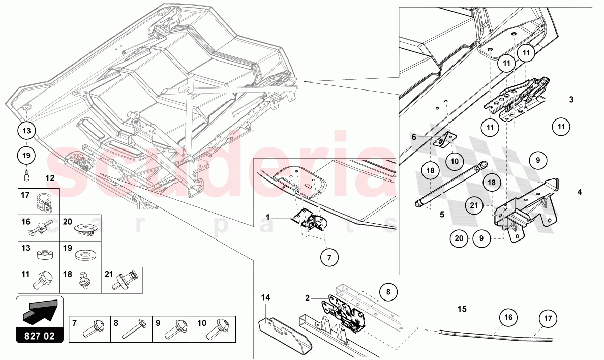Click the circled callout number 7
(329, 258)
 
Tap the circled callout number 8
(388, 292)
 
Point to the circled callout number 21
(474, 206)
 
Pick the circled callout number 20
(459, 237)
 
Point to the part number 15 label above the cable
(461, 309)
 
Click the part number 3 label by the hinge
(571, 100)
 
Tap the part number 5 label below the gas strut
(442, 215)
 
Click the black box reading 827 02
(40, 336)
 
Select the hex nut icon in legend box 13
(39, 253)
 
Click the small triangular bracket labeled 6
(447, 139)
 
